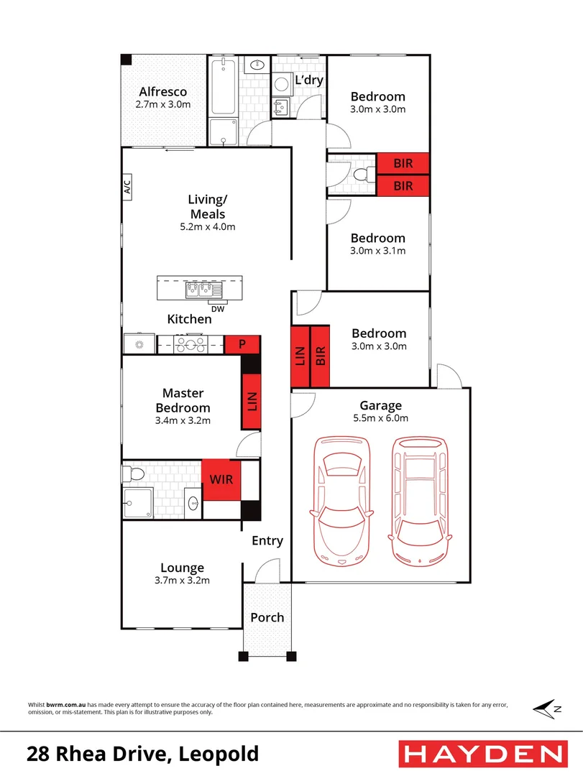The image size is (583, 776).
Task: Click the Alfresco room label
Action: [x=163, y=92]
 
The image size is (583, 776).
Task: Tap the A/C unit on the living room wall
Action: [x=127, y=187]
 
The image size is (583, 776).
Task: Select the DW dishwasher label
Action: [x=218, y=309]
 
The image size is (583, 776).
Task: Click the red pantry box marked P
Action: [x=242, y=344]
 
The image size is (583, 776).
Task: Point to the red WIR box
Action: [x=221, y=479]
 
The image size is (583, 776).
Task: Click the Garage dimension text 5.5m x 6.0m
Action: [x=380, y=418]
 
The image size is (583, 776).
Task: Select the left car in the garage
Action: [x=341, y=501]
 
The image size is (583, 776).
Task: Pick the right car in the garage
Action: [x=420, y=501]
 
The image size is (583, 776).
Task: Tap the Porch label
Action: [x=267, y=618]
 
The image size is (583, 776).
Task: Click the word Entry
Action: [x=267, y=541]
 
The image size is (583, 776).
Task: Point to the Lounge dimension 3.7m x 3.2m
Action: [x=183, y=581]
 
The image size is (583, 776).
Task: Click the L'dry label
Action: [x=309, y=80]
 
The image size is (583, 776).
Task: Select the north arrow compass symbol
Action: [x=547, y=708]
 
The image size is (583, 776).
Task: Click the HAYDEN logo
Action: [x=483, y=754]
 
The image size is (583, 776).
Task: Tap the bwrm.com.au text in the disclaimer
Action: [x=66, y=705]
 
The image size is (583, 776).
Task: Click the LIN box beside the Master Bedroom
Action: [x=252, y=402]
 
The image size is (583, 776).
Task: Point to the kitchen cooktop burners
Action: [x=190, y=344]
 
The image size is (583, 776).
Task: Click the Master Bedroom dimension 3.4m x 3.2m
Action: [x=183, y=420]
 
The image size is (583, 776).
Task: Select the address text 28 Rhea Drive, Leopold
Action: [x=142, y=754]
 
